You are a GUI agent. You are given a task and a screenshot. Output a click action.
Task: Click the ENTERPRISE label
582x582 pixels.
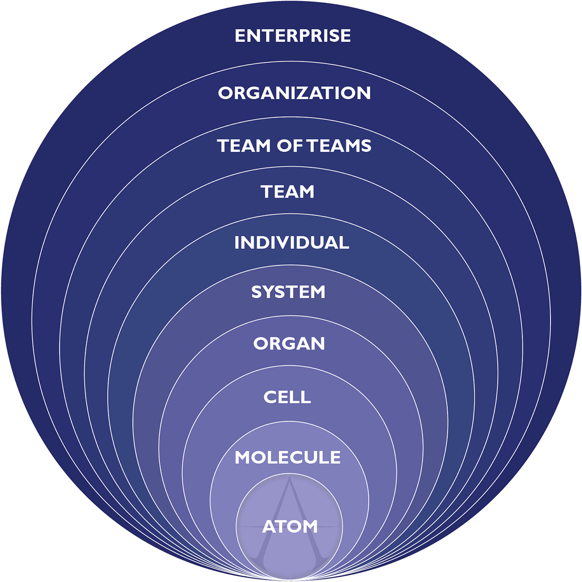[x=292, y=36]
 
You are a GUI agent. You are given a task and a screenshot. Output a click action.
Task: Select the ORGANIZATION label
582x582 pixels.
[x=294, y=93]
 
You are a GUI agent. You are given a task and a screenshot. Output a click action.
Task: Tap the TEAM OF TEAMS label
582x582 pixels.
[x=294, y=145]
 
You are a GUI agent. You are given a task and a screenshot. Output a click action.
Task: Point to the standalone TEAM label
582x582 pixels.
[x=288, y=192]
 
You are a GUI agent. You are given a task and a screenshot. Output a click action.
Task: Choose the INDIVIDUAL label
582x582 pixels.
[x=292, y=242]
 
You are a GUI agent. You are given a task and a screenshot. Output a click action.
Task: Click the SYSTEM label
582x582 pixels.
[x=289, y=292]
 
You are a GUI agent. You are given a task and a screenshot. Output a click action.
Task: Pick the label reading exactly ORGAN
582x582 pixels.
[x=289, y=344]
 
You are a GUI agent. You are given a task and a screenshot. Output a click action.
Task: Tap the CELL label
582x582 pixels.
[x=287, y=397]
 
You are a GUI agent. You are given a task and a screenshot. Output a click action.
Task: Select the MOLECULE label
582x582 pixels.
[x=288, y=457]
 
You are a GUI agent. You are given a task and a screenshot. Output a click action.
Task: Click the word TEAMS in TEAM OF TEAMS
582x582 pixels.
[x=340, y=145]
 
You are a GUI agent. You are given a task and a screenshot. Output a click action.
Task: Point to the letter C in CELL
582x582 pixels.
[x=270, y=397]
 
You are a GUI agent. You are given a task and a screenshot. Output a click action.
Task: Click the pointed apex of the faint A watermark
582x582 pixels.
[x=290, y=478]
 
